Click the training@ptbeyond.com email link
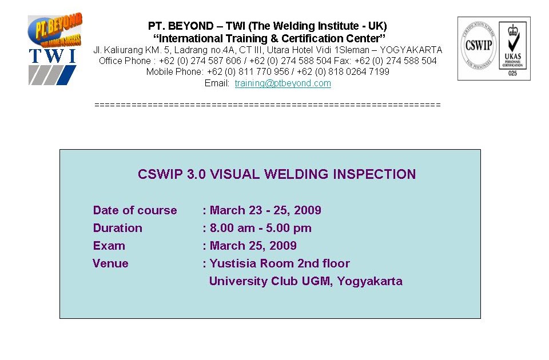tap(283, 83)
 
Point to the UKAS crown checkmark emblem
tap(512, 40)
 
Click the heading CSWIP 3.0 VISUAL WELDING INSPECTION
tap(277, 174)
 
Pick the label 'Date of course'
tap(135, 210)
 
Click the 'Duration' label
tap(117, 228)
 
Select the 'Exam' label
tap(109, 246)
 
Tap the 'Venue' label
tap(110, 263)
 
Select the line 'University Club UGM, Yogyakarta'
tap(305, 281)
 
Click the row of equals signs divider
tap(267, 105)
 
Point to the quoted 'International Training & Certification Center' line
tap(267, 39)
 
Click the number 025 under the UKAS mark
tap(512, 74)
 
